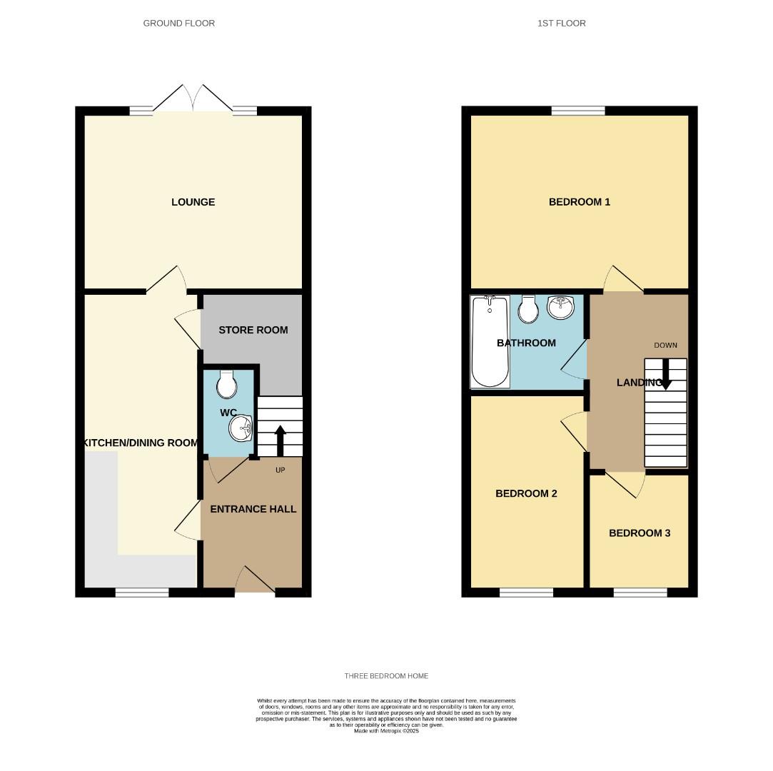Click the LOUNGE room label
193,202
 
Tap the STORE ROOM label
253,330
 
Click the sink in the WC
241,428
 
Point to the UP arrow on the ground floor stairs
280,439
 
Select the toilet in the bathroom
529,308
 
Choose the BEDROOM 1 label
579,202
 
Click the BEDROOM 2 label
526,493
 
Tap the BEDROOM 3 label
639,533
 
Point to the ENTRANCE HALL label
253,509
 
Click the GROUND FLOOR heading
178,23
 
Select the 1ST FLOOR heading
561,23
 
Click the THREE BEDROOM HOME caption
386,675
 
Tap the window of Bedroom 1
578,110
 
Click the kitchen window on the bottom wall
142,592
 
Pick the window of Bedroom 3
640,592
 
